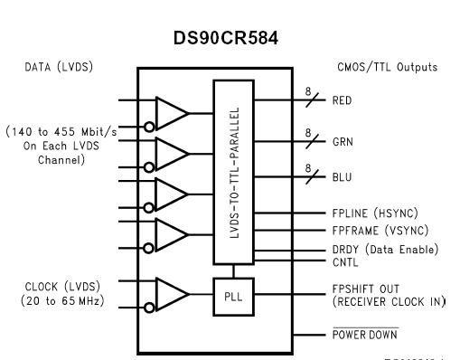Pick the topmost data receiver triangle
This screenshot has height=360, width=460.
pyautogui.click(x=171, y=112)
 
